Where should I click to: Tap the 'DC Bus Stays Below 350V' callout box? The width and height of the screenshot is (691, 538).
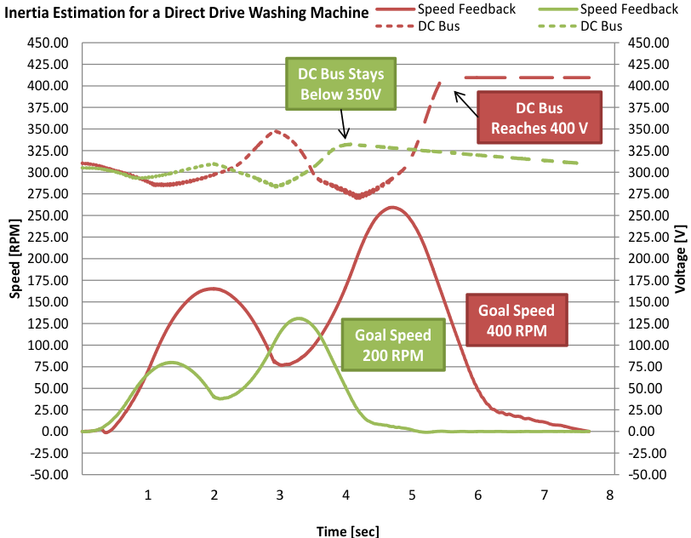coord(341,84)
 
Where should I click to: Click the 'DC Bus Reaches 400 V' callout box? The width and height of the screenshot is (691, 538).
coord(539,118)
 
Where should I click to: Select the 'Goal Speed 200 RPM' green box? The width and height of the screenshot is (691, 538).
coord(394,345)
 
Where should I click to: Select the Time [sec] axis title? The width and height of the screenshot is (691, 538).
coord(349,530)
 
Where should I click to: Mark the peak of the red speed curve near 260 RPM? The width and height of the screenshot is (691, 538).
coord(392,207)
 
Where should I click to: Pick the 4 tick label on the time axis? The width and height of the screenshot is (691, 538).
coord(345,495)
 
